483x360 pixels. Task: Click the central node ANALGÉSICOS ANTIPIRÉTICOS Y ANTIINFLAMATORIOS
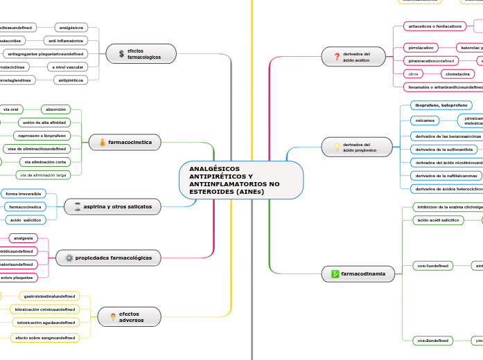[241, 180]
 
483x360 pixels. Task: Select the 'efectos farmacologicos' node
[142, 53]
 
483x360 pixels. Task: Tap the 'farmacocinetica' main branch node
[125, 142]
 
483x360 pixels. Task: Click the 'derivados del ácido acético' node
[357, 57]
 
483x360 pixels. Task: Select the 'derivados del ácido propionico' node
[357, 147]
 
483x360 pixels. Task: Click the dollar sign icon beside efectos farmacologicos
[121, 53]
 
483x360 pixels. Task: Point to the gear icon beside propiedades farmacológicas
[69, 258]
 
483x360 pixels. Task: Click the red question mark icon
[337, 57]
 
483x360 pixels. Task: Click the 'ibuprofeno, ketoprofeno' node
[441, 105]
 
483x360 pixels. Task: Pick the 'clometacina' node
[457, 73]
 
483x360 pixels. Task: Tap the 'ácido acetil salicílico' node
[437, 220]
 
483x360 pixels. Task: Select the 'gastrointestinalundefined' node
[49, 296]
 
